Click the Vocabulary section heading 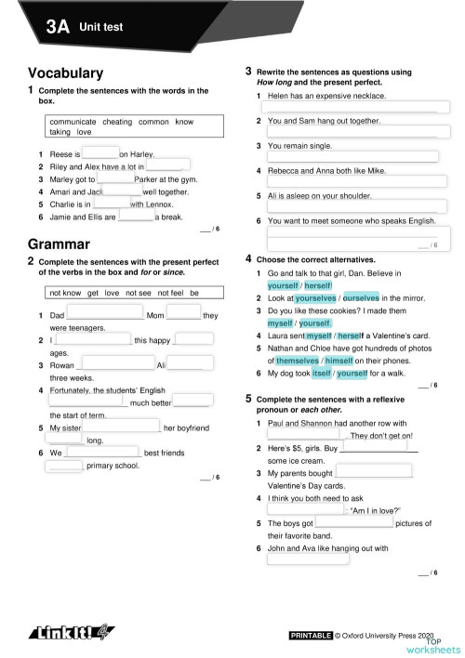(x=65, y=72)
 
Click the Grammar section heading (x=59, y=244)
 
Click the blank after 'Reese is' (x=100, y=153)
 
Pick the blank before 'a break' (x=136, y=217)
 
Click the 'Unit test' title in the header (x=101, y=28)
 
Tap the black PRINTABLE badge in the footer (x=311, y=635)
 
